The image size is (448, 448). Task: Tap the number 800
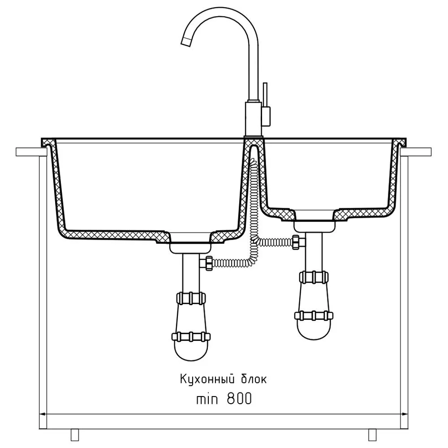click(x=239, y=399)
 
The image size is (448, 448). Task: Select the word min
click(x=207, y=399)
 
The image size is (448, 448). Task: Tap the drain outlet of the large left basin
click(x=190, y=247)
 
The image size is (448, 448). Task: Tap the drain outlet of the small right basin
click(x=314, y=226)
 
